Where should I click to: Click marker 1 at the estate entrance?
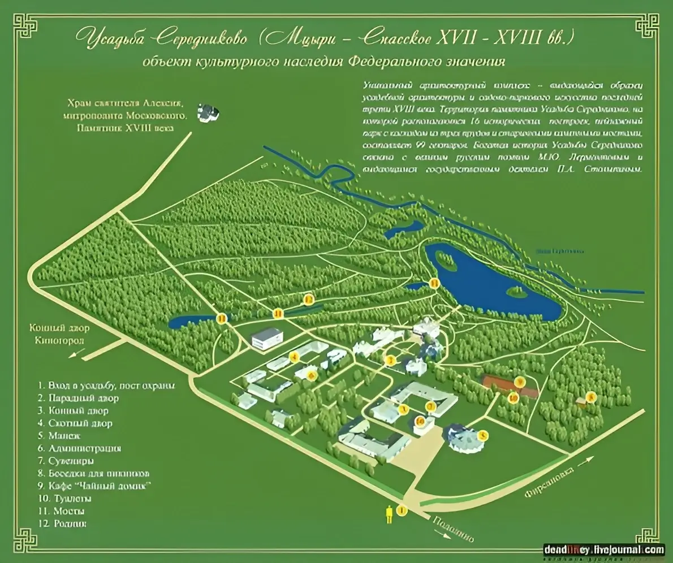402,511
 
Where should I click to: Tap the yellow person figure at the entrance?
389,514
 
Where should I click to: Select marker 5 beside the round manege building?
482,435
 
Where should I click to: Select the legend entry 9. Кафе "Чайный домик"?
95,486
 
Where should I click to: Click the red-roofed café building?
509,386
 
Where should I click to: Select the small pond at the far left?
187,322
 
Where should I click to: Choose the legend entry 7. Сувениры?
66,461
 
